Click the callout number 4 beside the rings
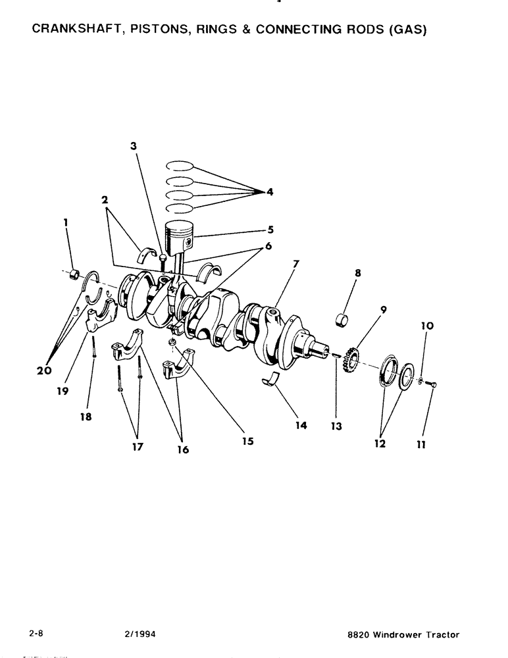pos(270,191)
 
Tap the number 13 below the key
pos(337,426)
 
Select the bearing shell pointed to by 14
pos(271,378)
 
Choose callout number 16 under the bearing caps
pos(182,449)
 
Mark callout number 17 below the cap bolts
pos(136,447)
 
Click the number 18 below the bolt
pos(86,417)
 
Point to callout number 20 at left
pos(44,370)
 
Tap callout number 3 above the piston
pos(134,147)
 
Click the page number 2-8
pos(36,634)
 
